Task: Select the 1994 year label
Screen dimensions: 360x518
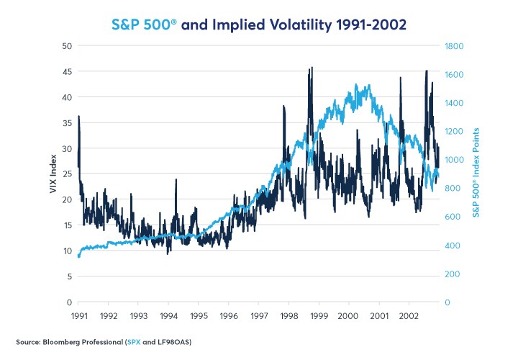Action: [168, 316]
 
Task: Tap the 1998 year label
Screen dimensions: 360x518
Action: [288, 316]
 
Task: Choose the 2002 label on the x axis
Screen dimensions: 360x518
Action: [409, 316]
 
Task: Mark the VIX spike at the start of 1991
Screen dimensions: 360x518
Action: [78, 117]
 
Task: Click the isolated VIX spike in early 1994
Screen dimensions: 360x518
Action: [176, 180]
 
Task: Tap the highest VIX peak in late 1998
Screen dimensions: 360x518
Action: [311, 68]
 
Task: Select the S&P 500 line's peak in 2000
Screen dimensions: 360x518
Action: [368, 86]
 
